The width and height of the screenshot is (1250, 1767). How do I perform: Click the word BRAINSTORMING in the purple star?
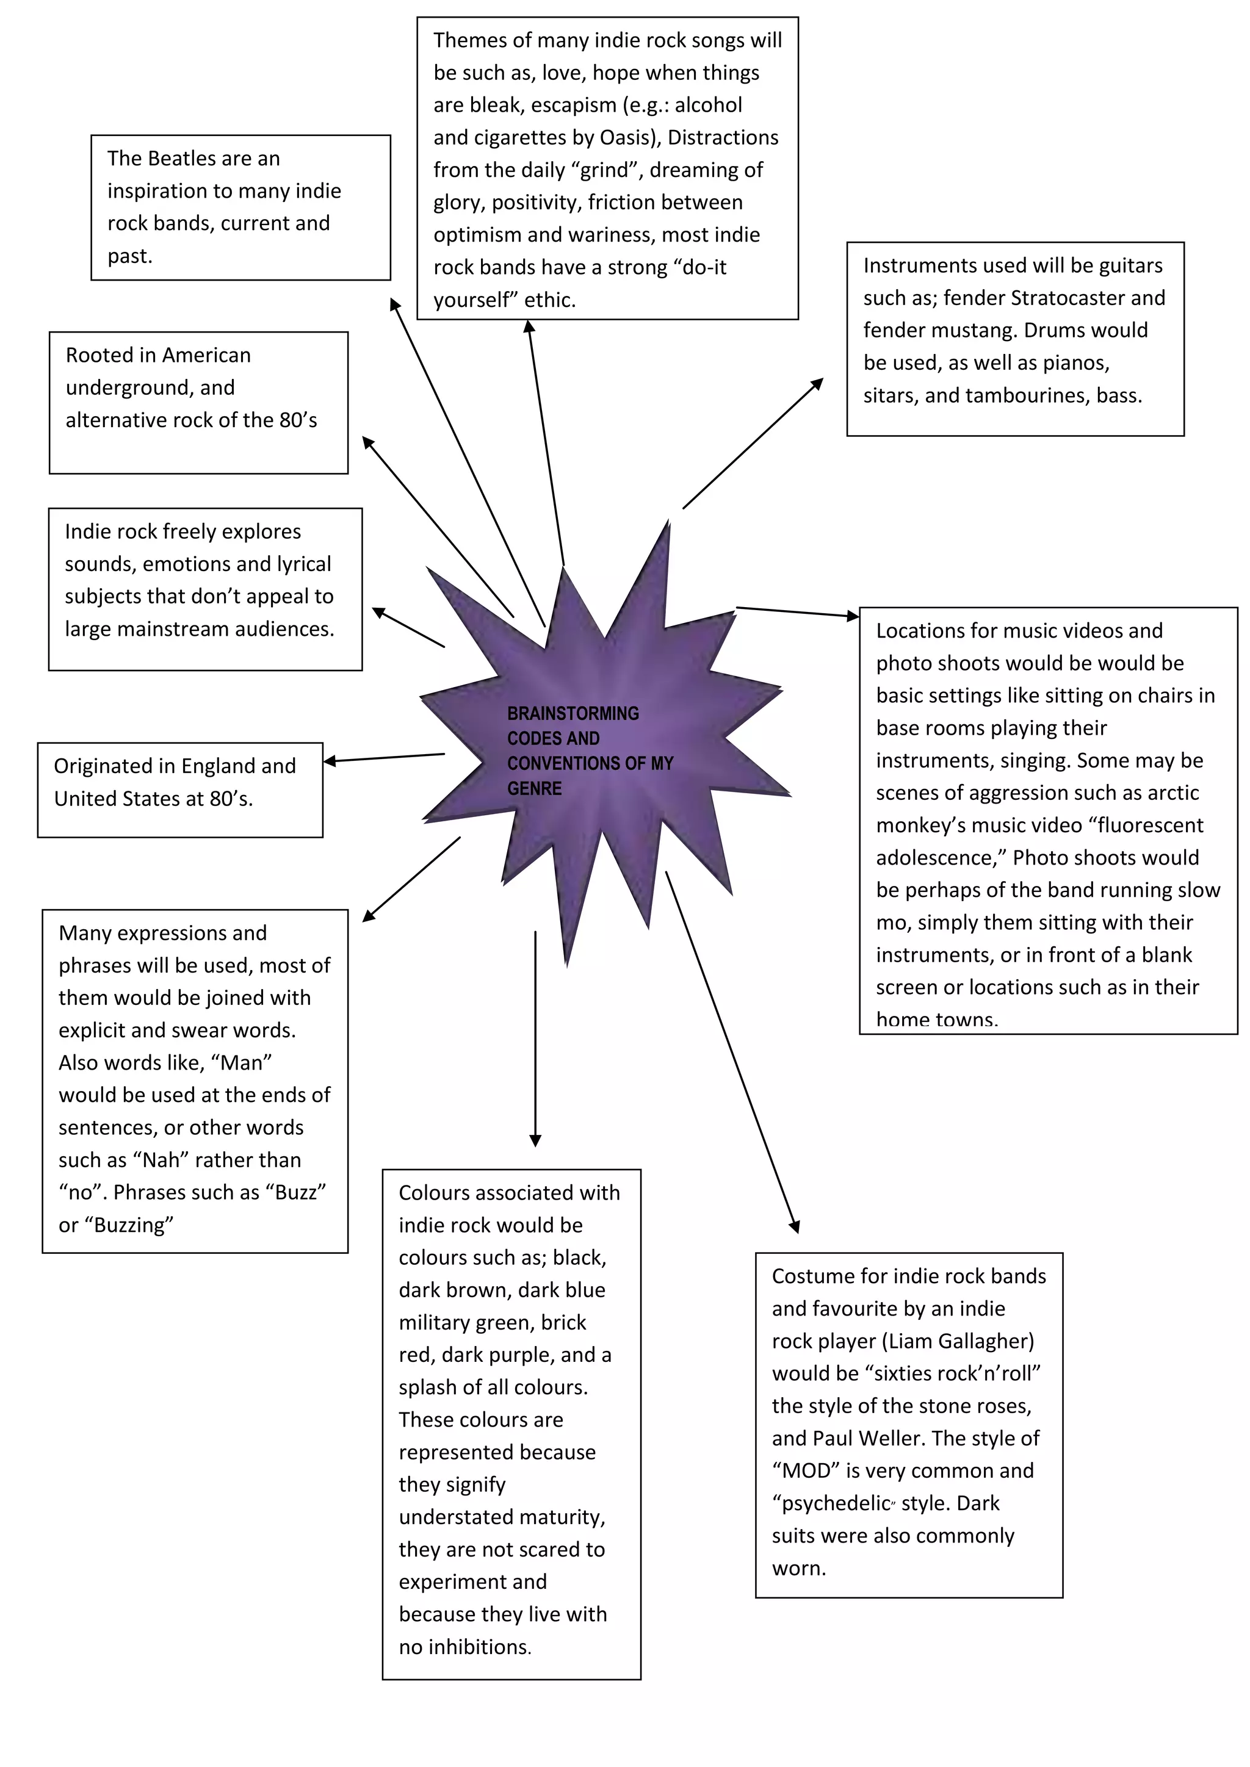point(573,713)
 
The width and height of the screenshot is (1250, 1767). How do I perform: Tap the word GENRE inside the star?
point(534,788)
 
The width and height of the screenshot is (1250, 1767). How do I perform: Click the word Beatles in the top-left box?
point(183,159)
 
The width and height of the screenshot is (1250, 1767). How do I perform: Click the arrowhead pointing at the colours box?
point(536,1140)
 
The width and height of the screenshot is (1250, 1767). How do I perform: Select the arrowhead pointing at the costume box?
point(796,1227)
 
